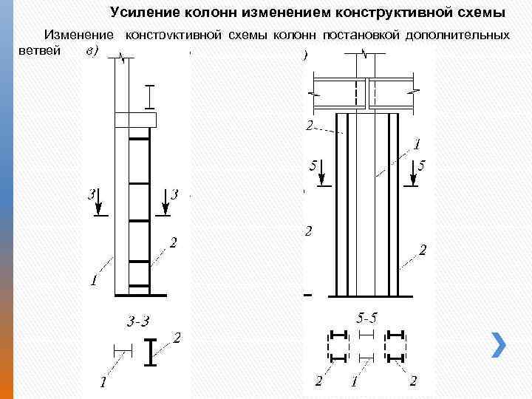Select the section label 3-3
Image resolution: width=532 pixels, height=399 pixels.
coord(138,321)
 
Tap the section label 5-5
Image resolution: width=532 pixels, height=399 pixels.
coord(366,319)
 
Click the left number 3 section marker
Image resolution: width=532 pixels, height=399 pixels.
coord(91,195)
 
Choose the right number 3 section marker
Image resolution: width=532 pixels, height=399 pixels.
coord(175,195)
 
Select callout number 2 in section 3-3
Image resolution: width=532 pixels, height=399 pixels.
coord(177,338)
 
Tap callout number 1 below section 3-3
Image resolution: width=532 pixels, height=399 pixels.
coord(103,383)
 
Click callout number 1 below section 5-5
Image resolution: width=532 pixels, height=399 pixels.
coord(355,381)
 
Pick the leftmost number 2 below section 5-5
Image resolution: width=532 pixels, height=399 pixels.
coord(318,381)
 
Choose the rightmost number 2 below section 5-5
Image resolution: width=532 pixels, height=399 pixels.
coord(413,381)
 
